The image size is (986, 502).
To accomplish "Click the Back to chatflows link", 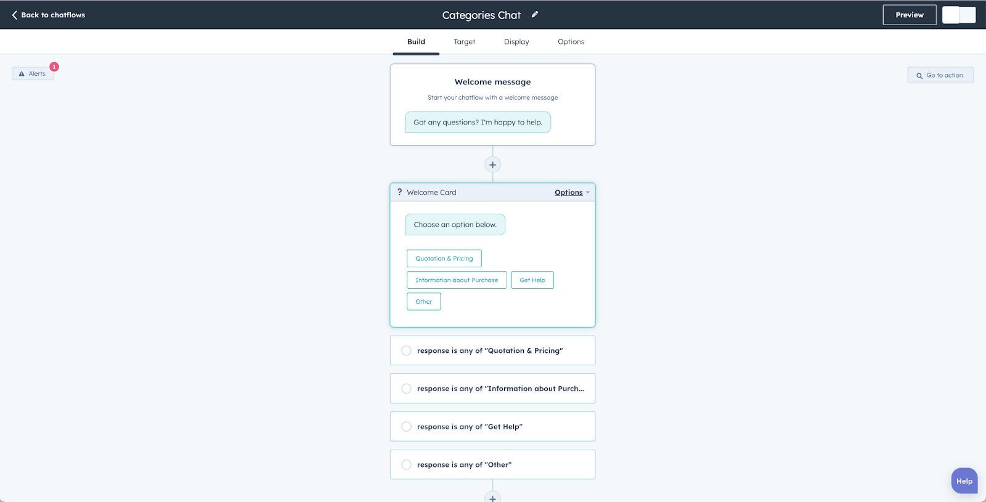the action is [x=49, y=15].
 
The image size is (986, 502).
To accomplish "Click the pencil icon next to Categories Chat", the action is [x=535, y=15].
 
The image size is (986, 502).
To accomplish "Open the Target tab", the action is [x=465, y=41].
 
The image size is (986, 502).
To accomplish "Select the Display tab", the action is [x=516, y=41].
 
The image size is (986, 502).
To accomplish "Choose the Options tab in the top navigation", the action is [x=571, y=41].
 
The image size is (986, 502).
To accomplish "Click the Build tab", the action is [x=416, y=41].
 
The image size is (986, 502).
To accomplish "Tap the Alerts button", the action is [x=33, y=73].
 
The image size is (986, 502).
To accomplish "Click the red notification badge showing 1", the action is [x=54, y=67].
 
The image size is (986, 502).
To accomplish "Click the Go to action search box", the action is [x=940, y=75].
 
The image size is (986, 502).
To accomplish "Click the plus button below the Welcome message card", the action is [x=492, y=164].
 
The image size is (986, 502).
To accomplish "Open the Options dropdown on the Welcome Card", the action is [x=572, y=192].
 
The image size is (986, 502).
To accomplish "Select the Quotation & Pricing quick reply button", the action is [x=444, y=258].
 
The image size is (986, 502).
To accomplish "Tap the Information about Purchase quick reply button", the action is [x=457, y=280].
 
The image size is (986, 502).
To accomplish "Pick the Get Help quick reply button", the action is [x=532, y=280].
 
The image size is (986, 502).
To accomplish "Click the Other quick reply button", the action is [x=423, y=301].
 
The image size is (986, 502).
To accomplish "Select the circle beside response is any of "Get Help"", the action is [x=406, y=426].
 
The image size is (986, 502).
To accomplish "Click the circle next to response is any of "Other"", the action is [x=406, y=464].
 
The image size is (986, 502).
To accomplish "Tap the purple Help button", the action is [x=964, y=481].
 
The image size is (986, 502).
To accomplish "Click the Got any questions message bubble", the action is [x=478, y=123].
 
